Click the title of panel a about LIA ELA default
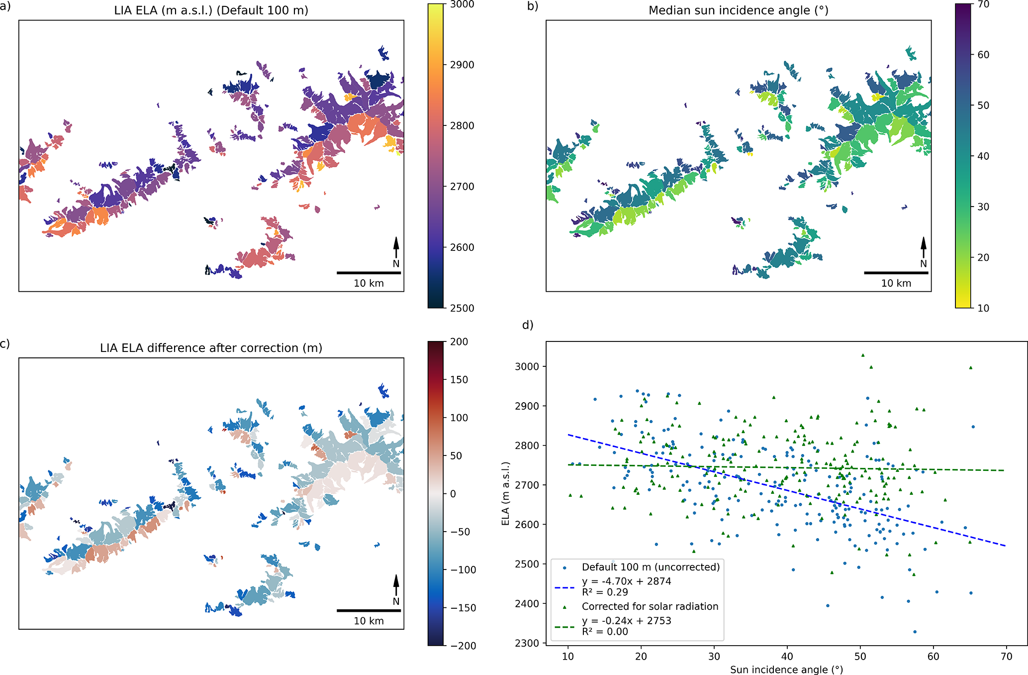point(211,10)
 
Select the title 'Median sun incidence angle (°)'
point(738,10)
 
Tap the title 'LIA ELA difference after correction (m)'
point(211,348)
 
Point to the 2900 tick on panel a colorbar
point(462,65)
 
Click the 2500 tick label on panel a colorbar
point(462,308)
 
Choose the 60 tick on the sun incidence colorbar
point(983,55)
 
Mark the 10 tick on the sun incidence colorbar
point(983,308)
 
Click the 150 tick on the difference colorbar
point(459,380)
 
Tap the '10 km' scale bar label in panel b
point(896,283)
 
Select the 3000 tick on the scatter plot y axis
point(527,366)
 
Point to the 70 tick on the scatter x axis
point(1006,657)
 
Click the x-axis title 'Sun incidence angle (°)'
point(786,670)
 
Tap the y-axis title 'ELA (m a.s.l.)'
point(505,493)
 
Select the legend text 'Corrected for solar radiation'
point(650,606)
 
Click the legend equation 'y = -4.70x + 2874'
point(626,581)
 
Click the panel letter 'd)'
point(527,325)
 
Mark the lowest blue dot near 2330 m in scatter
point(915,632)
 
